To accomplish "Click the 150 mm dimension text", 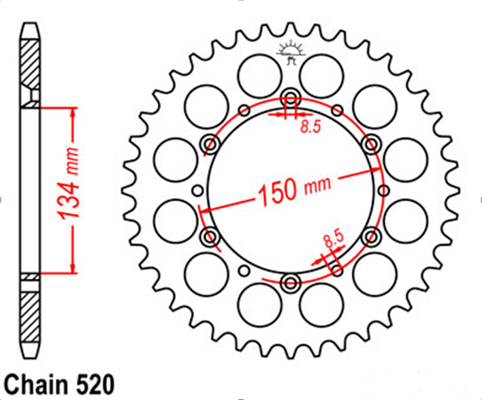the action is (295, 191).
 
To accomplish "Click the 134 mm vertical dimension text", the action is (69, 184).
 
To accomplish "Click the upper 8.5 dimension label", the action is (310, 127).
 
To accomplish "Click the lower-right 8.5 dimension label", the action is (333, 239).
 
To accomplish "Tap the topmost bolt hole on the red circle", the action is (291, 99).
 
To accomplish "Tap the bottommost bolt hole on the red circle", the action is (291, 282).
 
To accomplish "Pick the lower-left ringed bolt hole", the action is (211, 236).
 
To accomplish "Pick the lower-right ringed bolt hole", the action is (371, 236).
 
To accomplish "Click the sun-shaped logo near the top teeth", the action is (291, 53).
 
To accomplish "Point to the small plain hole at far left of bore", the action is (198, 191).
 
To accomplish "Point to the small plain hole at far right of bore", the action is (384, 191).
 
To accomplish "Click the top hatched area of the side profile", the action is (30, 64).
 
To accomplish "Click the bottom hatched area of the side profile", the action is (30, 317).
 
